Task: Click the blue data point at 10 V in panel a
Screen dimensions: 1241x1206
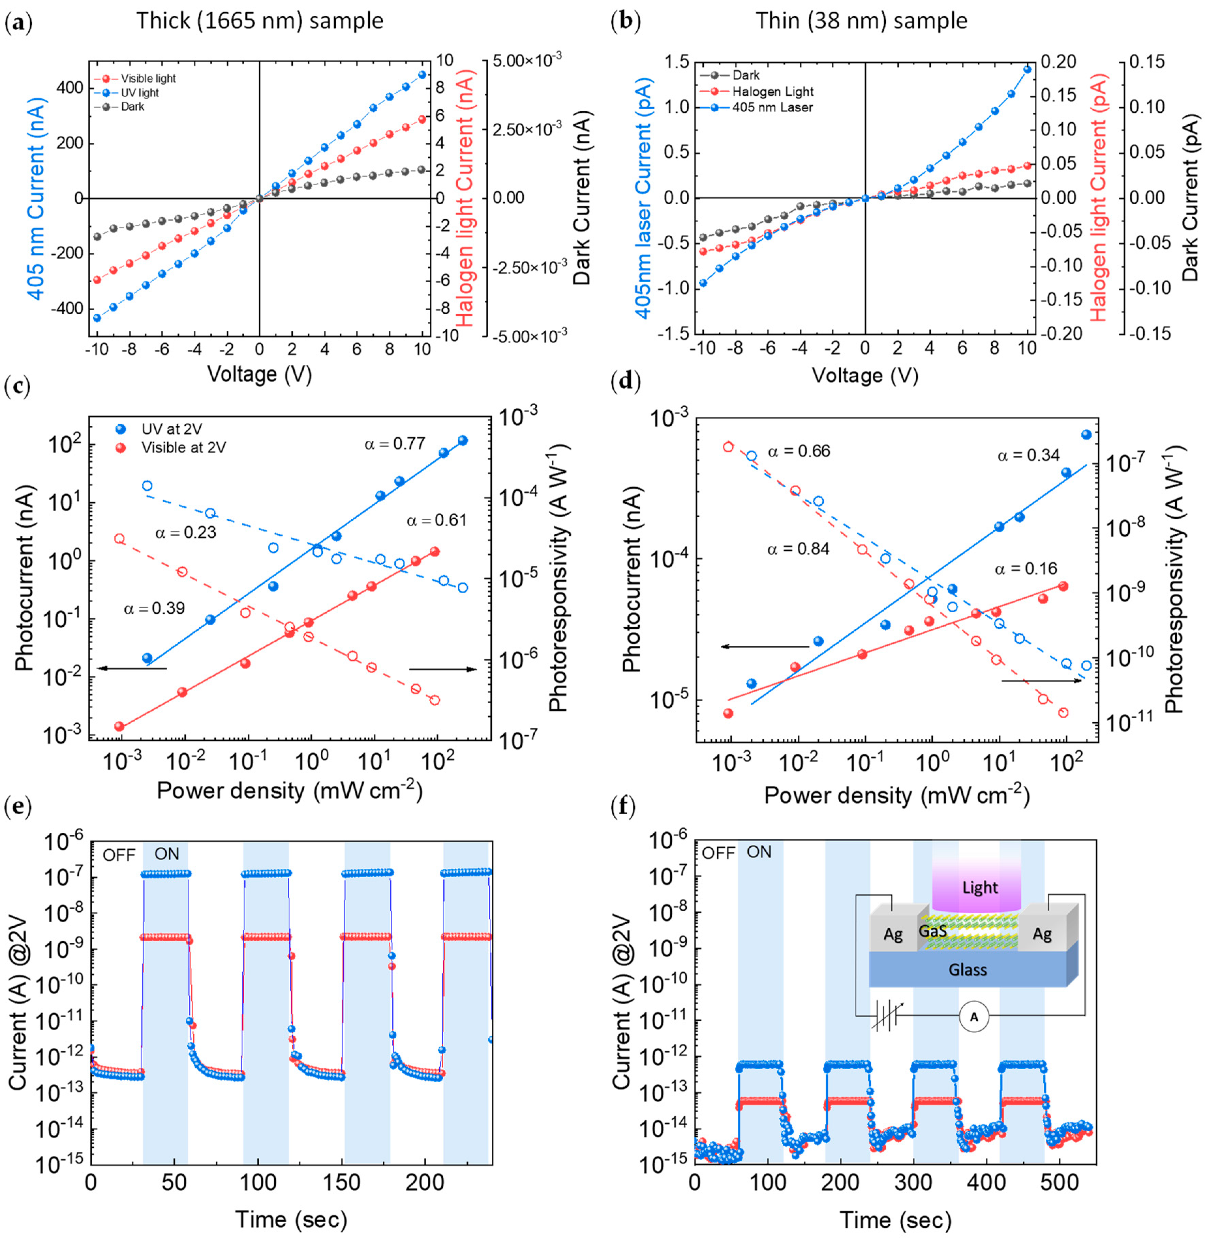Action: (422, 75)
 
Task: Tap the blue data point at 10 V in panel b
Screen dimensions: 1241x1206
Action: (1027, 70)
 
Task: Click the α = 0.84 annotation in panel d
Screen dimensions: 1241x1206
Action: (798, 549)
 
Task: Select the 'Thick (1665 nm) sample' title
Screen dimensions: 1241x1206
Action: (260, 21)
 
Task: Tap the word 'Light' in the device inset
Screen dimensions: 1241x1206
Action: (980, 888)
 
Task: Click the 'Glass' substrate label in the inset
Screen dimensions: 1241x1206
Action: (967, 969)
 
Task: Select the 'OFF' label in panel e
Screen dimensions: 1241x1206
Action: (119, 855)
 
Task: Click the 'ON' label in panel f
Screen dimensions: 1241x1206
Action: (760, 852)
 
